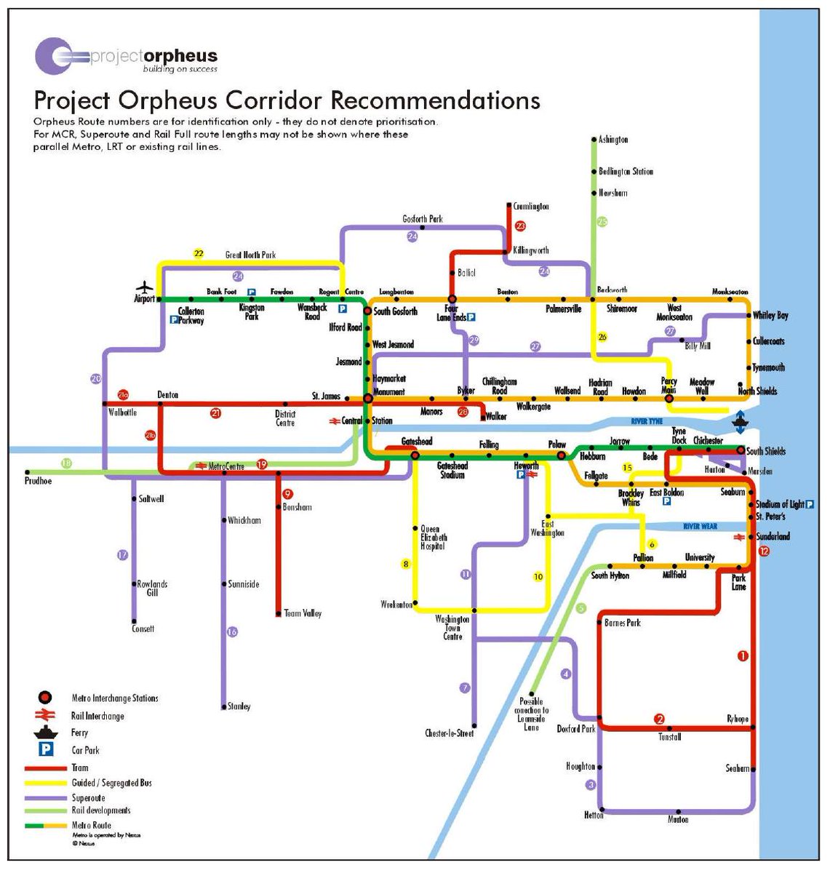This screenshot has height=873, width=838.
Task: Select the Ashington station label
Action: [x=612, y=140]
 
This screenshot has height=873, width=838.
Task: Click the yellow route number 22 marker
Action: [x=199, y=254]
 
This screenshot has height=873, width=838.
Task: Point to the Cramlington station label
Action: [x=531, y=207]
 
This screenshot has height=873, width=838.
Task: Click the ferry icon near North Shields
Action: [x=740, y=421]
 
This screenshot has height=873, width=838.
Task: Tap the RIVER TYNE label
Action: [x=646, y=421]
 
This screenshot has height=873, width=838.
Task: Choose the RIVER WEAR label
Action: [x=700, y=526]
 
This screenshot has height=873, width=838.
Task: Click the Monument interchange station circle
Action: [x=368, y=398]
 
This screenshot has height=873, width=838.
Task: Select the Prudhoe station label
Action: [x=38, y=481]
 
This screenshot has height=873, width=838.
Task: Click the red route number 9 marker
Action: [x=287, y=493]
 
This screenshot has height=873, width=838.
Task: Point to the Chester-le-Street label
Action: [x=449, y=733]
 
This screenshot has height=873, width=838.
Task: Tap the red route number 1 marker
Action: [x=743, y=656]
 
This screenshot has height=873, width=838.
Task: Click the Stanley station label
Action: [x=239, y=706]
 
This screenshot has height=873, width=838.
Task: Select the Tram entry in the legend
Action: [x=80, y=768]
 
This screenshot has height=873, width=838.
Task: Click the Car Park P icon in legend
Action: [x=46, y=749]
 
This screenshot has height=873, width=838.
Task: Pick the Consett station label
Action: [x=143, y=629]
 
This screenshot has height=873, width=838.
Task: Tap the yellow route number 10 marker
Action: [x=538, y=577]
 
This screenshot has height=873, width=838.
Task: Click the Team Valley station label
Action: [x=303, y=613]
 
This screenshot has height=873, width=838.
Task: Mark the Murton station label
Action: [x=678, y=819]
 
